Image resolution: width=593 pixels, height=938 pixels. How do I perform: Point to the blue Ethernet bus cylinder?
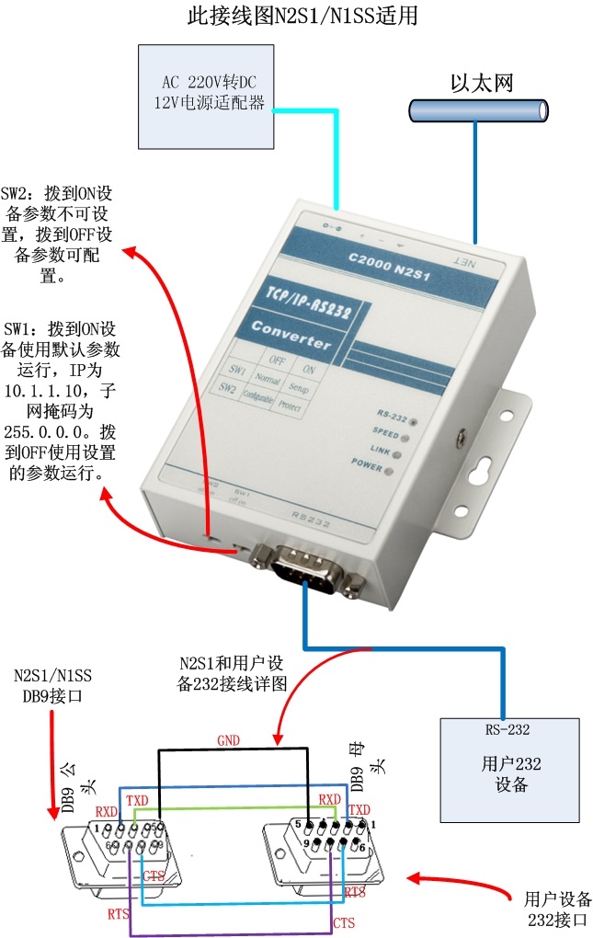click(478, 111)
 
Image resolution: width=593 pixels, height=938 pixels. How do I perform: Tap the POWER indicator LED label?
click(367, 466)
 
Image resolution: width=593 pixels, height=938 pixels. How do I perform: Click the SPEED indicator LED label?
click(385, 431)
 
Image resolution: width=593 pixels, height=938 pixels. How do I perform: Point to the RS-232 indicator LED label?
click(393, 415)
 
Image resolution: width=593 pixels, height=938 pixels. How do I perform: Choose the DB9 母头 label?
click(365, 776)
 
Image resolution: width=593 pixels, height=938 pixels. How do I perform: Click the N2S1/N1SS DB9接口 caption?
click(52, 686)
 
